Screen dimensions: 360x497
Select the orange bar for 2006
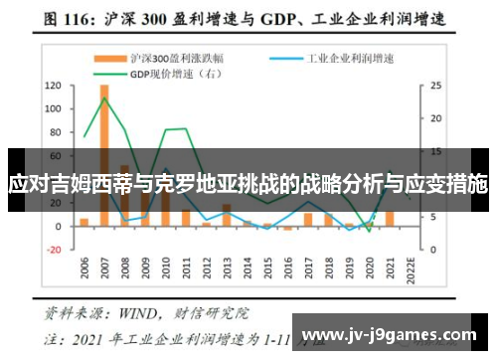coord(84,222)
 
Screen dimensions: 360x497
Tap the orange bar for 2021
coord(389,218)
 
